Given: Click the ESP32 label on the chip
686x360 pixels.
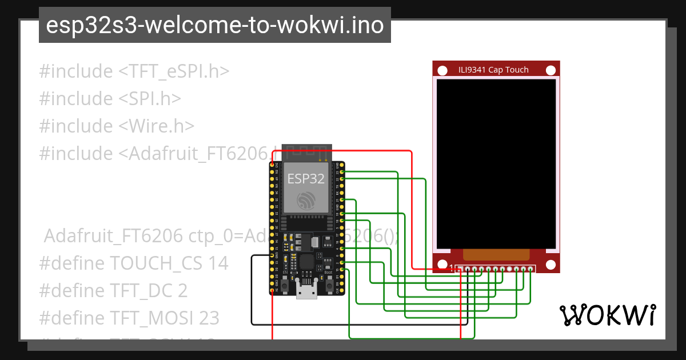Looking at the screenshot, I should click(306, 179).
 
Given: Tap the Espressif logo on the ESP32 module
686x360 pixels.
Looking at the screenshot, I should click(306, 200).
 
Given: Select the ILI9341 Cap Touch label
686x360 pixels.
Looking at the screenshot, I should click(493, 70).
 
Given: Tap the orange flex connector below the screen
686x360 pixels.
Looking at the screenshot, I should click(496, 255).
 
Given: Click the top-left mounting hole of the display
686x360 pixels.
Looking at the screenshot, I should click(442, 70).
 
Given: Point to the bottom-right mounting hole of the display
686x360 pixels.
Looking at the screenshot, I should click(551, 265).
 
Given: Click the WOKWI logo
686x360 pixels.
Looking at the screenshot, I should click(607, 315).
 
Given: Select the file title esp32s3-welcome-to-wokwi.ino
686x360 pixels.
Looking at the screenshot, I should click(214, 26).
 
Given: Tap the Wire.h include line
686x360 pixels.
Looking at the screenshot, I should click(117, 126).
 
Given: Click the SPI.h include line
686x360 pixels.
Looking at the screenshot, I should click(110, 99).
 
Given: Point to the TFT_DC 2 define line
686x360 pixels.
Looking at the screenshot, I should click(113, 291).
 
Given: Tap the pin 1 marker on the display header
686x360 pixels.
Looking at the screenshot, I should click(452, 267).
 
